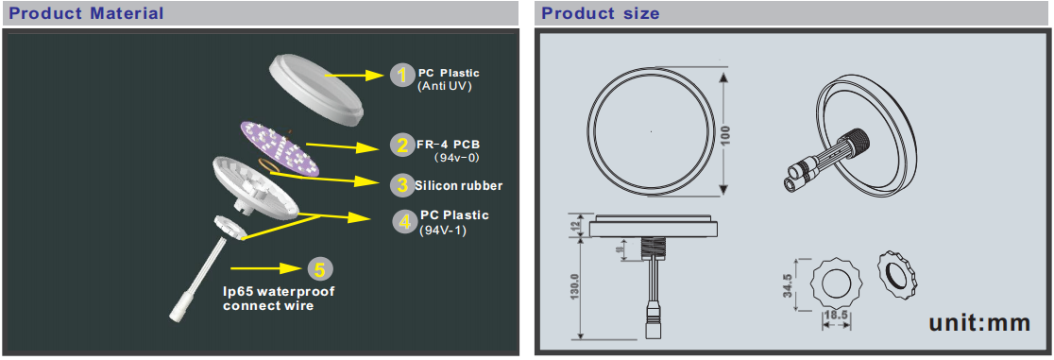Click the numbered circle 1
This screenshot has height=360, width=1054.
[402, 76]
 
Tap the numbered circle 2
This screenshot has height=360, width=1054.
[402, 146]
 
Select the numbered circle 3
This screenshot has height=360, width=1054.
[402, 183]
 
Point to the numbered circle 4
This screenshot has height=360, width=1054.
[404, 222]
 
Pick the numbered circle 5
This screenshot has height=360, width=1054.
[319, 269]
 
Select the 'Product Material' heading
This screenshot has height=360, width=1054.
[87, 13]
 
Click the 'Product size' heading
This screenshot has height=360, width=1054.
[601, 13]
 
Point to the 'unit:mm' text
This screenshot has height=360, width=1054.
[979, 322]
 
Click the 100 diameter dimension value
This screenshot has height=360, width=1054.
[726, 135]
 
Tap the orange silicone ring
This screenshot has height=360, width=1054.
[269, 166]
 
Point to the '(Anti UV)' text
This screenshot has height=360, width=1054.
[444, 86]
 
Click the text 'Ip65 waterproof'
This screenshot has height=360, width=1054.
[279, 291]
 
